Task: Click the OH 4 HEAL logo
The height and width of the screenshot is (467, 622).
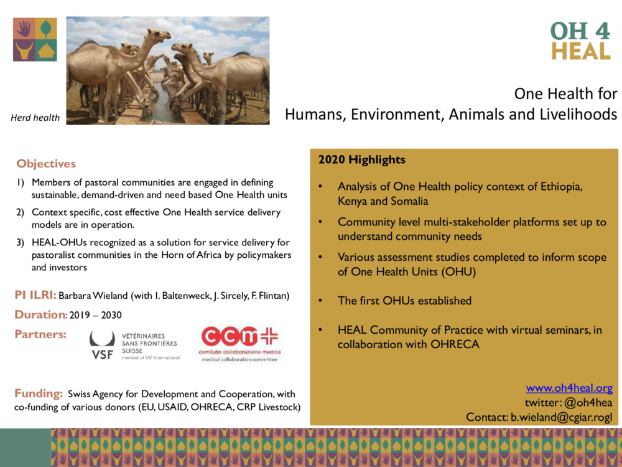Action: tap(580, 41)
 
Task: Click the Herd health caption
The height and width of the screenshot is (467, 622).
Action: tap(35, 118)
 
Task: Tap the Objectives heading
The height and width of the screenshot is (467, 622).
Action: tap(46, 164)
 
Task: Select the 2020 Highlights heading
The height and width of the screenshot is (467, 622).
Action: tap(361, 159)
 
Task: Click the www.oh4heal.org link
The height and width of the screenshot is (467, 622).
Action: tap(569, 389)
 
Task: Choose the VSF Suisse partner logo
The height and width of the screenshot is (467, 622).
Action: tap(134, 345)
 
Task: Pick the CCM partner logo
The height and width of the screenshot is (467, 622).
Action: tap(239, 344)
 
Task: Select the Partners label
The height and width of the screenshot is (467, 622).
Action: tap(40, 334)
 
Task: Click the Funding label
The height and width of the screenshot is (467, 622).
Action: tap(39, 394)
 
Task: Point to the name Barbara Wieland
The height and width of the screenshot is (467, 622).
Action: tap(92, 296)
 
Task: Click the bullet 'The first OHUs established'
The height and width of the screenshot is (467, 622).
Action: tap(404, 301)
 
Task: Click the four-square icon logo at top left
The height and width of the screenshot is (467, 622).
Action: tap(35, 39)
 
